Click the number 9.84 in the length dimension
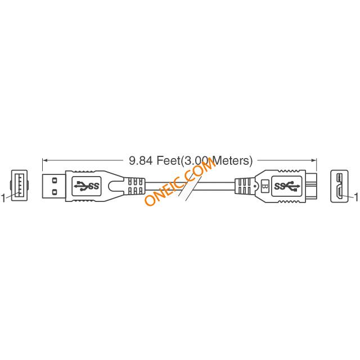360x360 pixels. [141, 160]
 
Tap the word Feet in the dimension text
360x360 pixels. [168, 160]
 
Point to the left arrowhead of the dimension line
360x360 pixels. [45, 160]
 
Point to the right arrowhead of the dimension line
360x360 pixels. [314, 160]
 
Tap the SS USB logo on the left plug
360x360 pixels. [87, 186]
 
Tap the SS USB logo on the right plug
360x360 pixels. [287, 186]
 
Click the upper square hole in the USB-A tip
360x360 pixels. [55, 180]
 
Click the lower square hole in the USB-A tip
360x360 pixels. [55, 191]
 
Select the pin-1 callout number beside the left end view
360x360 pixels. [3, 198]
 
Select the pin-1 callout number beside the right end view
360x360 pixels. [357, 197]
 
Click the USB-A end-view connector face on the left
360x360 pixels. [19, 186]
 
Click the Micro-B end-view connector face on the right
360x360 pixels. [339, 186]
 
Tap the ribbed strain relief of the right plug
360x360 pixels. [244, 186]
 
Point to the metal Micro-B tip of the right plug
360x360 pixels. [311, 186]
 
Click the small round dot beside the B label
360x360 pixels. [255, 186]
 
